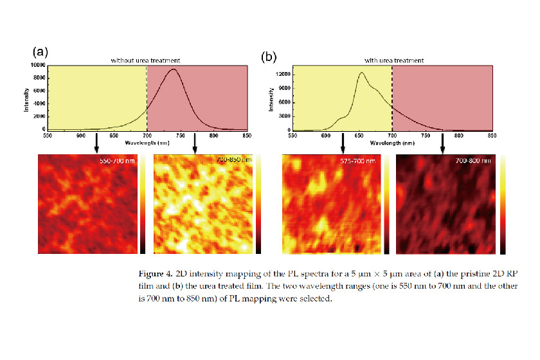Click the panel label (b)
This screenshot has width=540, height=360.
[268, 57]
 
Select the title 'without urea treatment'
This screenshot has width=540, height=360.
[145, 60]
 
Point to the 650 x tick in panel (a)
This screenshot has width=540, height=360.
[114, 136]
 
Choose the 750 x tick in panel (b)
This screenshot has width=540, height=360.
[425, 136]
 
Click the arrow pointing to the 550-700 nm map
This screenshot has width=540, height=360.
[96, 143]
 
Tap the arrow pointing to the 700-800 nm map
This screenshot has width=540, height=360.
[442, 143]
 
